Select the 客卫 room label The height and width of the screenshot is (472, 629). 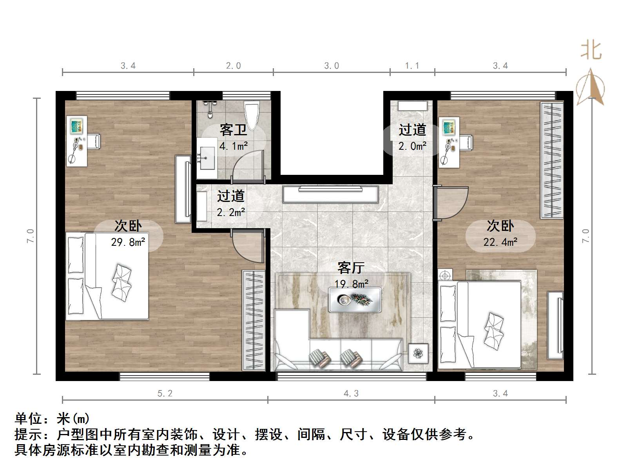[x=233, y=130]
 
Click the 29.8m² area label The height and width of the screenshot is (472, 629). [x=128, y=242]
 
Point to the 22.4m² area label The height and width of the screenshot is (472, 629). [x=500, y=242]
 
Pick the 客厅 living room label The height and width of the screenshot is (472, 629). [x=351, y=268]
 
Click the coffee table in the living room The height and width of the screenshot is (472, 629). [x=355, y=300]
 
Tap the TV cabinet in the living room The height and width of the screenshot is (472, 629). [x=330, y=194]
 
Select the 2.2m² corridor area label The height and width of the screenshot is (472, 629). [x=231, y=212]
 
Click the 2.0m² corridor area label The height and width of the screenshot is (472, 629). [x=412, y=146]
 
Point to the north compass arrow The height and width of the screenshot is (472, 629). [x=591, y=87]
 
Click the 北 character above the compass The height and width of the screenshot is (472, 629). [x=591, y=51]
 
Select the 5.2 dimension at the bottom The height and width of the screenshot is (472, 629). [x=165, y=393]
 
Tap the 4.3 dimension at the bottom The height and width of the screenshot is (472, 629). [x=351, y=393]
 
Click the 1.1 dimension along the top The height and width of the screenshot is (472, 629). [x=412, y=65]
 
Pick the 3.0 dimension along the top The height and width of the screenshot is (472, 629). [x=332, y=65]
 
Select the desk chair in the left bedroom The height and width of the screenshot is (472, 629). [x=94, y=141]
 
